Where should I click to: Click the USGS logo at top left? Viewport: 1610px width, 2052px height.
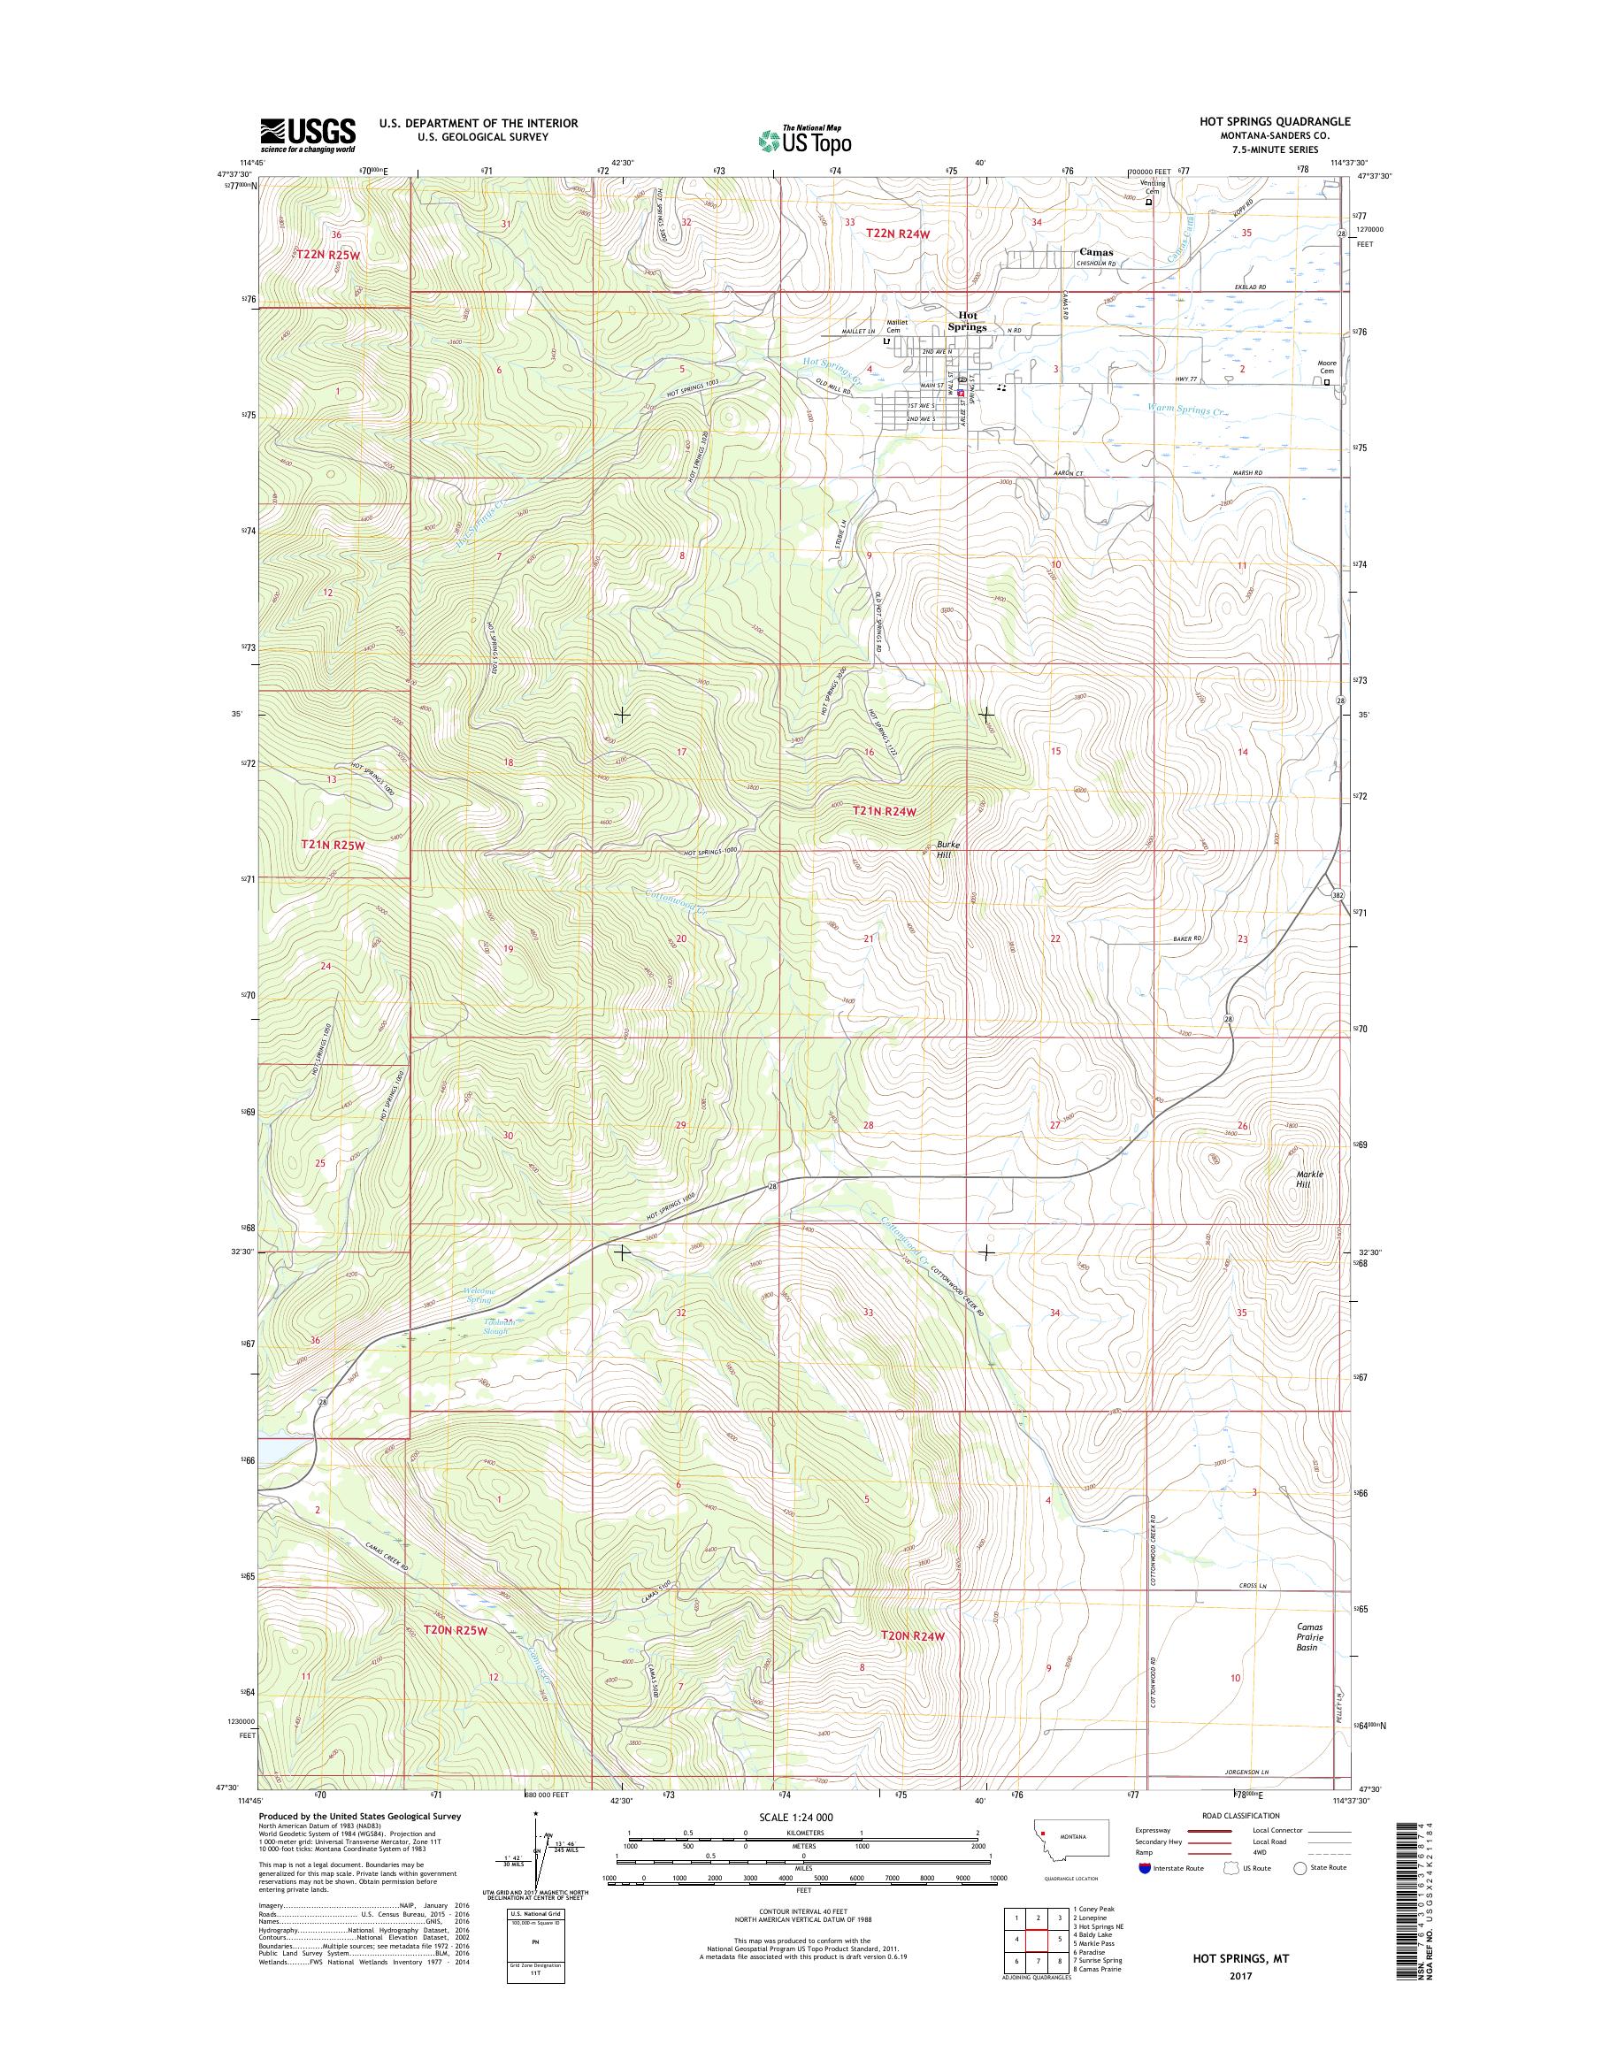(307, 134)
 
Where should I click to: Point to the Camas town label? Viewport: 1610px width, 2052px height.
(1096, 253)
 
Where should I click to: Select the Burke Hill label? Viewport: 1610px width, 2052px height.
(947, 848)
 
